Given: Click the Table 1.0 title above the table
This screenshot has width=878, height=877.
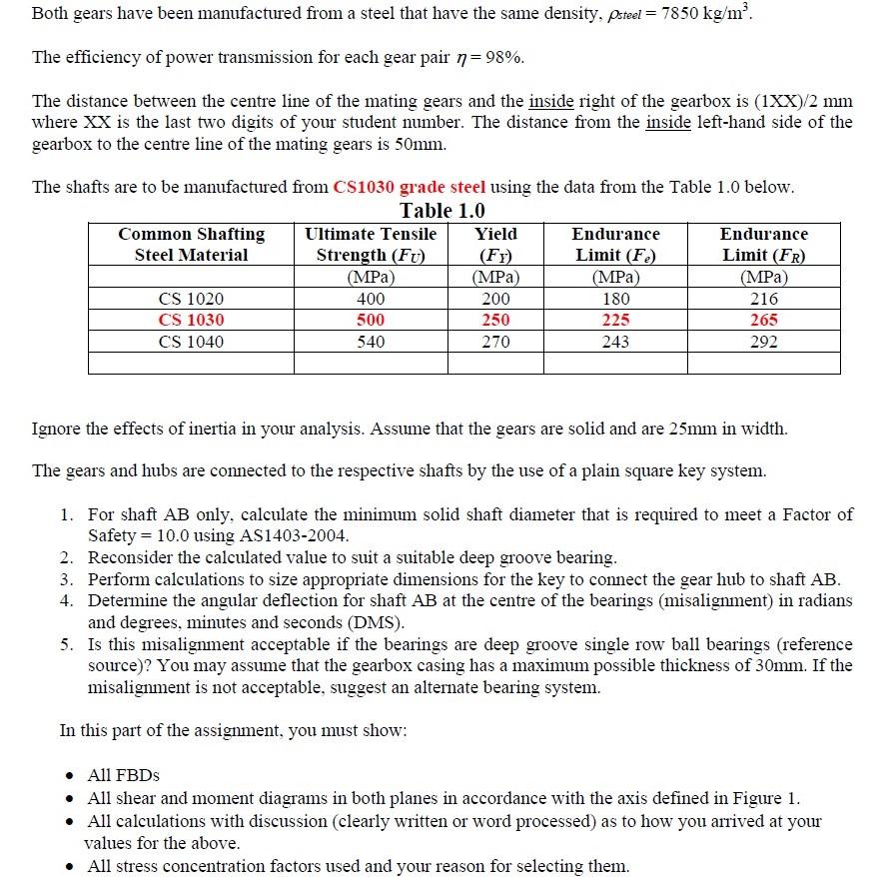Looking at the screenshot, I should pyautogui.click(x=442, y=211).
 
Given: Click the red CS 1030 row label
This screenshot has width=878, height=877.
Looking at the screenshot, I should pyautogui.click(x=191, y=321).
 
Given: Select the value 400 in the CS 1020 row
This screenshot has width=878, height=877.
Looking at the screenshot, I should pyautogui.click(x=371, y=299).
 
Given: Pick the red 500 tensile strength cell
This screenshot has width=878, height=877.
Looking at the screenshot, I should pyautogui.click(x=371, y=321).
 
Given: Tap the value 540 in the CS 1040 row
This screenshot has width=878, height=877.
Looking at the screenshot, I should pyautogui.click(x=371, y=342).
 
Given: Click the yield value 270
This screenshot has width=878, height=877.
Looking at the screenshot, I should pyautogui.click(x=495, y=342).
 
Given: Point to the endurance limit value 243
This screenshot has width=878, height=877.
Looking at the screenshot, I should pyautogui.click(x=615, y=342).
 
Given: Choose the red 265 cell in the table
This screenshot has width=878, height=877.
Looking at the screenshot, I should pyautogui.click(x=763, y=321).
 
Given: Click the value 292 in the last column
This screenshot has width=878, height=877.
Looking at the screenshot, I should pyautogui.click(x=763, y=342).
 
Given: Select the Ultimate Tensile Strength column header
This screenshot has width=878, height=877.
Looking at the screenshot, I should pyautogui.click(x=371, y=244).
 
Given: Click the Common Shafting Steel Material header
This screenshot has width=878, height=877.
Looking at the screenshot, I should pyautogui.click(x=191, y=244).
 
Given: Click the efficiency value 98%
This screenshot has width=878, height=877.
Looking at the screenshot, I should pyautogui.click(x=503, y=58).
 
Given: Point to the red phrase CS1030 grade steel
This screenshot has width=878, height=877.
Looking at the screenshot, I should pyautogui.click(x=410, y=187).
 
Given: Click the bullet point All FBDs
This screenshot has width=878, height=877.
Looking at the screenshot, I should pyautogui.click(x=123, y=775).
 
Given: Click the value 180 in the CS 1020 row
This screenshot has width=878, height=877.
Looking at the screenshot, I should pyautogui.click(x=615, y=299).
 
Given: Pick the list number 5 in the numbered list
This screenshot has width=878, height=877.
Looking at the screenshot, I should pyautogui.click(x=65, y=644).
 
